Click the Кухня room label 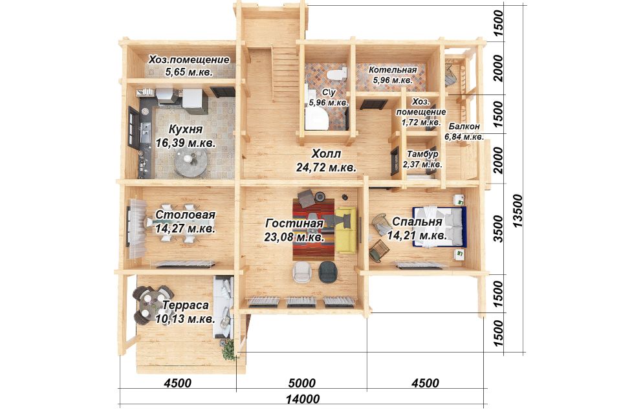coord(186,130)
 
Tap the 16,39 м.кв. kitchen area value coord(186,143)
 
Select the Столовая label coord(186,215)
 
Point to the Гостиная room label coord(294,224)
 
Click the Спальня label coord(417,221)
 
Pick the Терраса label coord(186,306)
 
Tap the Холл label coord(326,154)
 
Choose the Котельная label coord(393,70)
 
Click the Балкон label coord(464,126)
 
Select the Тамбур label coord(422,154)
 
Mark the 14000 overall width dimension coord(303,399)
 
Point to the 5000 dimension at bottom coord(302,383)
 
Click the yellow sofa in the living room coord(347,230)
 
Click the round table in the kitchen coord(190,163)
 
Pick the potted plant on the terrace coord(228,349)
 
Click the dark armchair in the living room coord(329,272)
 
